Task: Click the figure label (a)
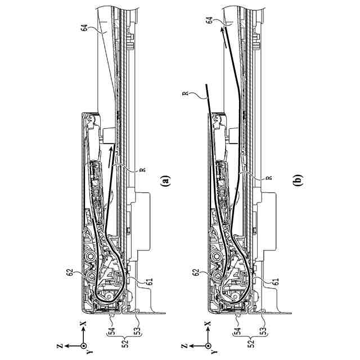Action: click(164, 181)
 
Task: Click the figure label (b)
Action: click(298, 181)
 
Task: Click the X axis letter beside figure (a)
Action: click(83, 325)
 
